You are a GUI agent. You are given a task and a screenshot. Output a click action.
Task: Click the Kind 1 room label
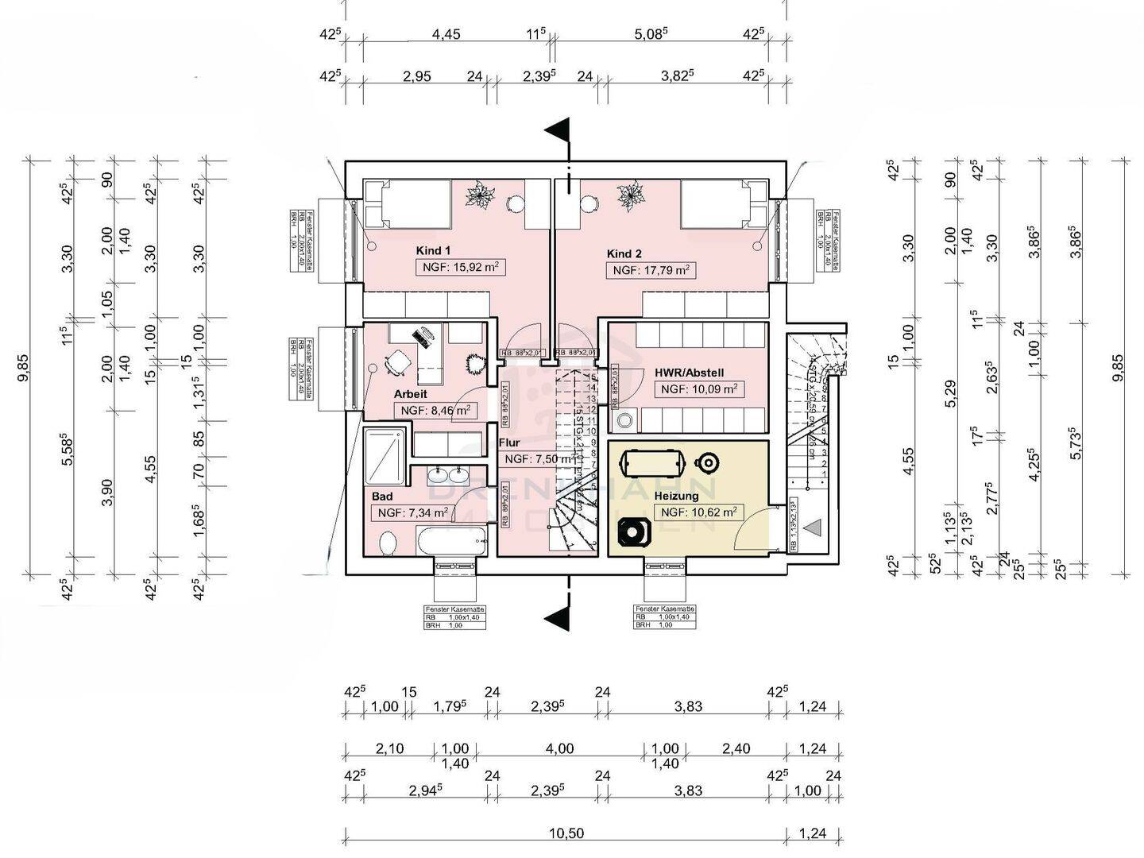[433, 251]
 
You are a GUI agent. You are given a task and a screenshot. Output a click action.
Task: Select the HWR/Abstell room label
[689, 373]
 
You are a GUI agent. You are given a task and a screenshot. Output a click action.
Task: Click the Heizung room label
[676, 496]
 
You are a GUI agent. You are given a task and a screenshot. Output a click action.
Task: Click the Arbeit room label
[411, 394]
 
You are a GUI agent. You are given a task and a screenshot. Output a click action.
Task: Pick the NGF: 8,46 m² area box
[435, 411]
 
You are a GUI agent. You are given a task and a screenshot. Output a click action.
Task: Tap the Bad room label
[382, 497]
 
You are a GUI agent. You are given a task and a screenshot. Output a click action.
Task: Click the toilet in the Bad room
[388, 544]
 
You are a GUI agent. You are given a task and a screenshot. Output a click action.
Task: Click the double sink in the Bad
[447, 476]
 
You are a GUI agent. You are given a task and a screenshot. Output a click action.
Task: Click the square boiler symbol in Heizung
[633, 531]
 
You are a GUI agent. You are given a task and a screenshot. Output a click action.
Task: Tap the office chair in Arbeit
[395, 364]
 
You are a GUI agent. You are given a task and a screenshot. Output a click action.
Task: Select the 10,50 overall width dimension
[566, 833]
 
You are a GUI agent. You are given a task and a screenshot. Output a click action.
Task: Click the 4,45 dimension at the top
[446, 34]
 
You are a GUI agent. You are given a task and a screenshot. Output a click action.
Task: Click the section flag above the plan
[558, 129]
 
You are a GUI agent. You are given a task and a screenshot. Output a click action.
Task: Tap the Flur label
[509, 443]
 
